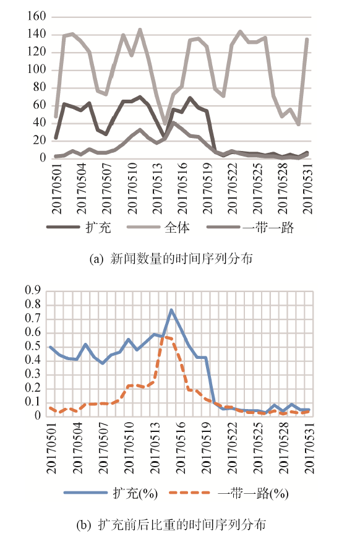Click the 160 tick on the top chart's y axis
pos(36,16)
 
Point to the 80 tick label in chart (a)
pos(40,87)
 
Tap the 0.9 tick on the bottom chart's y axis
pos(33,290)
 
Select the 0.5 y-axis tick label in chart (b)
pos(33,346)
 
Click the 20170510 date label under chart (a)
pos(132,188)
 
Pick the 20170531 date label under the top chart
pos(307,188)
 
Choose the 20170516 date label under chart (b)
pos(181,448)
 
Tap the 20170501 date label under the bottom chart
pos(51,448)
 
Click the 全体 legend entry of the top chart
pos(158,227)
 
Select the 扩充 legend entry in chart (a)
pos(79,227)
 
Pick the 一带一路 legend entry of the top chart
pos(251,227)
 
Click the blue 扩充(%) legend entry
pos(111,493)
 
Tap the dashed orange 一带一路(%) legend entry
pos(229,493)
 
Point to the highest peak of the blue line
pos(171,310)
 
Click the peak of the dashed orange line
pos(163,337)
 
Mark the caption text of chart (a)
pos(171,259)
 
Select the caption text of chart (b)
pos(171,525)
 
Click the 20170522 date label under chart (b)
pos(232,448)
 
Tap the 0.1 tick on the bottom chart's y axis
pos(33,402)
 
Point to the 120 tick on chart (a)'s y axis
pos(36,51)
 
